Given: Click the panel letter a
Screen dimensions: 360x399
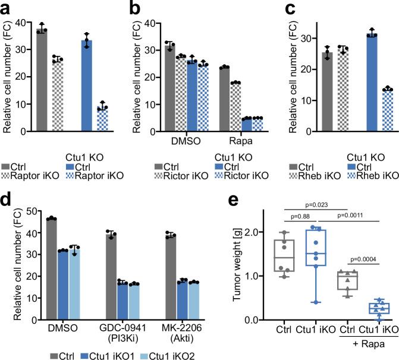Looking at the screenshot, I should tap(5, 7).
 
